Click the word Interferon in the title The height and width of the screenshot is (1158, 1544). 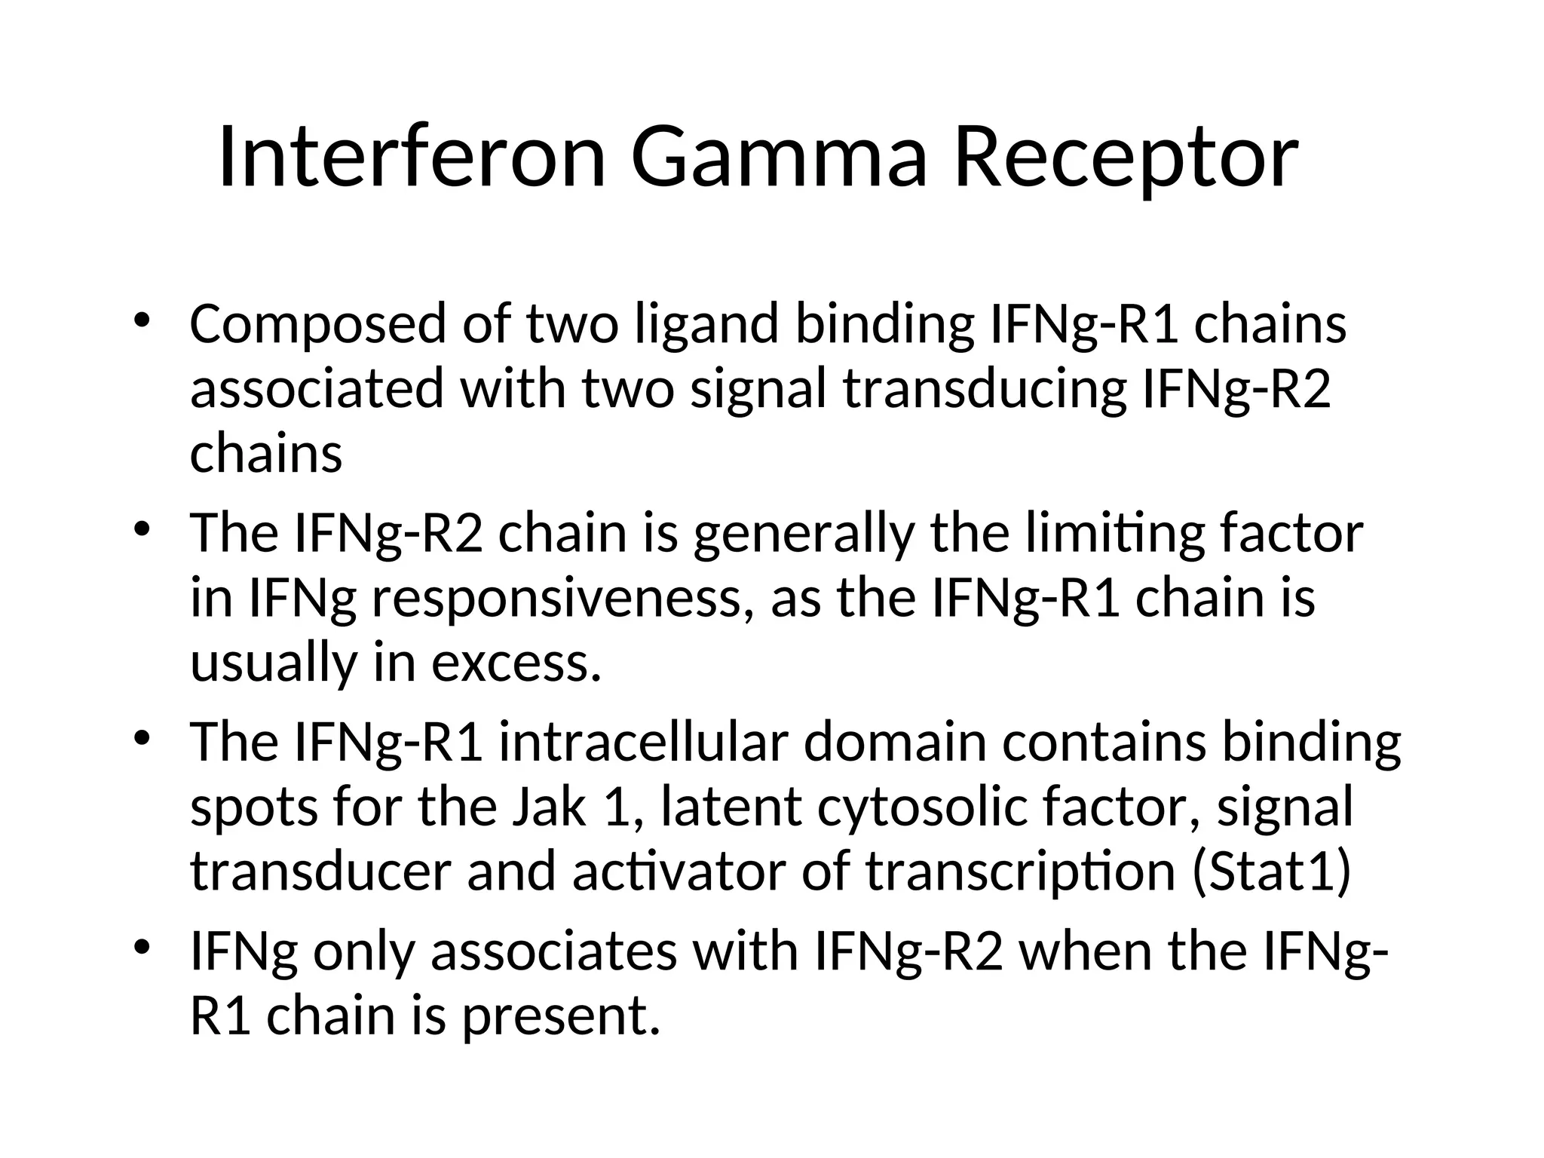pyautogui.click(x=412, y=158)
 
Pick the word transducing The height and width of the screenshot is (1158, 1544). pyautogui.click(x=983, y=391)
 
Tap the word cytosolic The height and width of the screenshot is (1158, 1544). pyautogui.click(x=915, y=807)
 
